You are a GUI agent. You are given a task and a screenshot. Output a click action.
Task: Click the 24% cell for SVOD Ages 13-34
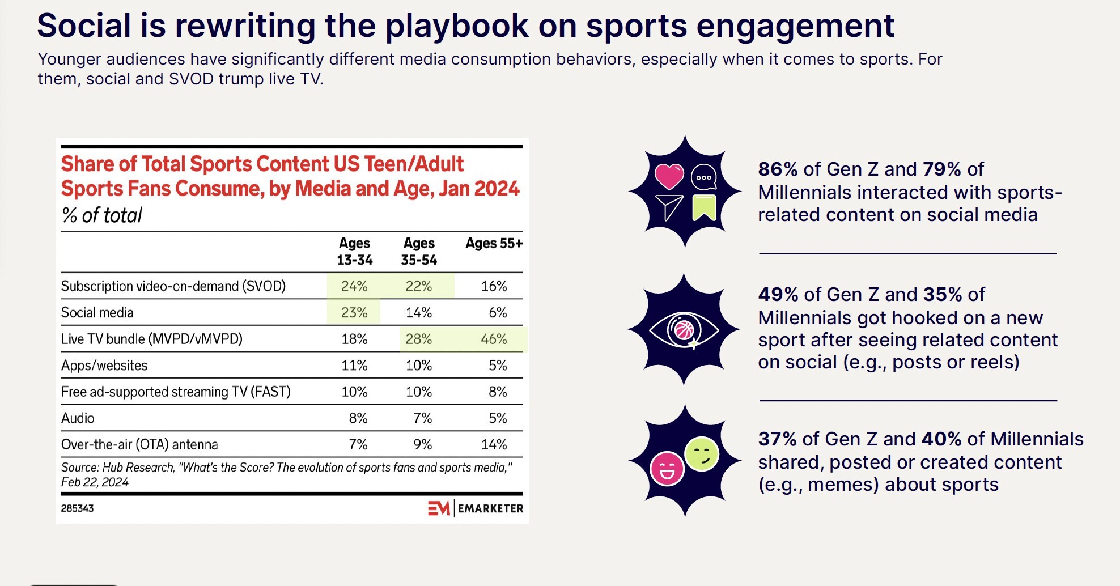point(354,286)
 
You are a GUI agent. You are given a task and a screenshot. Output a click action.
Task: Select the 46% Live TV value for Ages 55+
point(494,339)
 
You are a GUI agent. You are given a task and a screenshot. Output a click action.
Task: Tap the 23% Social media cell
point(354,312)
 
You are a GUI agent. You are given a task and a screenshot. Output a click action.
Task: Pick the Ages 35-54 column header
point(419,252)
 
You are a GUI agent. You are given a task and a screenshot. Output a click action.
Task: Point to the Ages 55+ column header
point(494,244)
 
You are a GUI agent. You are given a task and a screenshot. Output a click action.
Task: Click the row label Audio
point(78,418)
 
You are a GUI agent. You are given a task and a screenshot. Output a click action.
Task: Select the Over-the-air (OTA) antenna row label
point(139,444)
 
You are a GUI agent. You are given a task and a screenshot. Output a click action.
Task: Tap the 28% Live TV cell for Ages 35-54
point(418,339)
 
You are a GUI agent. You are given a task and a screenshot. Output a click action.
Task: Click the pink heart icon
point(669,176)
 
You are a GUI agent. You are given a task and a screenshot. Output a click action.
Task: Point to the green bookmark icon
point(704,207)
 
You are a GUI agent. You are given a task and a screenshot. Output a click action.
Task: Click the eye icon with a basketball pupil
point(684,329)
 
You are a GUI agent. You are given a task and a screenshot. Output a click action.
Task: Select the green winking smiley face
point(702,454)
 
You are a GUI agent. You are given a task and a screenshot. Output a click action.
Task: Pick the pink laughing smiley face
point(667,469)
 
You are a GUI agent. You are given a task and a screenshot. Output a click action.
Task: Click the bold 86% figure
point(778,169)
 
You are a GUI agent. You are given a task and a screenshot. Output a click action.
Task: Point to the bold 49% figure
point(778,295)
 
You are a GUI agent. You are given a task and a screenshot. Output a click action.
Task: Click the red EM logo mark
point(439,508)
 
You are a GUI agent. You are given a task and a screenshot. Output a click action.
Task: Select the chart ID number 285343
point(78,508)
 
